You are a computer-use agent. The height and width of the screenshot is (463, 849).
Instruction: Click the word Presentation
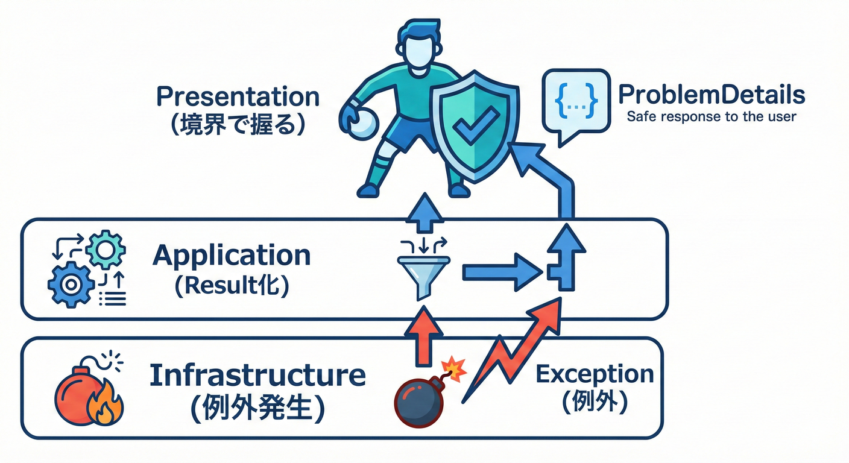pyautogui.click(x=238, y=97)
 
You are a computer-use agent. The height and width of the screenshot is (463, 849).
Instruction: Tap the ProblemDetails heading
pyautogui.click(x=712, y=95)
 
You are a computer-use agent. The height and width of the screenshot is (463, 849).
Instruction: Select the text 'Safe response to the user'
pyautogui.click(x=712, y=116)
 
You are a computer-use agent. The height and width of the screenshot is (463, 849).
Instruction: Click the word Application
pyautogui.click(x=232, y=256)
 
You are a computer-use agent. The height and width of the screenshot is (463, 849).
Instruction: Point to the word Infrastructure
pyautogui.click(x=257, y=375)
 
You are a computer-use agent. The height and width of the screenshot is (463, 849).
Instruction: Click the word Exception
pyautogui.click(x=595, y=374)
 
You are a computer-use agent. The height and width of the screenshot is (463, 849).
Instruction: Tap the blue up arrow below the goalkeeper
pyautogui.click(x=426, y=213)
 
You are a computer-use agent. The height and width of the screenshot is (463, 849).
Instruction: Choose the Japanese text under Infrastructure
pyautogui.click(x=257, y=408)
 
